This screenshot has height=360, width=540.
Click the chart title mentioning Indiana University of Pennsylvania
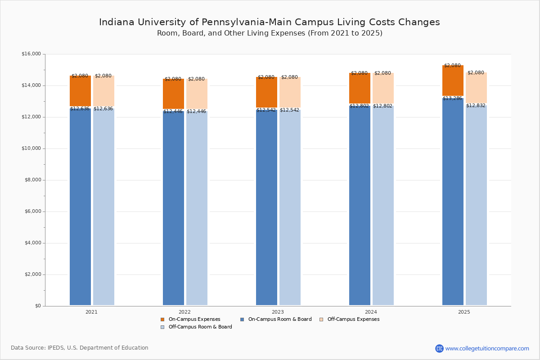click(x=269, y=22)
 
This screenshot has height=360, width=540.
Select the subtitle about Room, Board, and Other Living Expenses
click(x=269, y=33)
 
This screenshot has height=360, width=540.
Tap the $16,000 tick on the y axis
click(x=31, y=54)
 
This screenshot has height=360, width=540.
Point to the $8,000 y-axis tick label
click(x=32, y=180)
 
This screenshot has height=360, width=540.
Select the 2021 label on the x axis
click(x=91, y=312)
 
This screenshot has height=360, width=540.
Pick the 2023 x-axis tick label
click(x=278, y=312)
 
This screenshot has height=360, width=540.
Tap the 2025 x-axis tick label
click(x=464, y=312)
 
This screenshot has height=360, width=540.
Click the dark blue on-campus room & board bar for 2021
click(x=80, y=207)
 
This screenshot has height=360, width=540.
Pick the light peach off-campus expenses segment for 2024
click(x=383, y=89)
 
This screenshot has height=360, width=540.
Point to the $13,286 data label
click(x=452, y=99)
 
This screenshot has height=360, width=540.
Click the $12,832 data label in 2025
click(x=476, y=106)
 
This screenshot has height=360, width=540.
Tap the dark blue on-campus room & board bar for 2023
click(x=266, y=207)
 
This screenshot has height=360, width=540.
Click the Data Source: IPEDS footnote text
click(x=80, y=348)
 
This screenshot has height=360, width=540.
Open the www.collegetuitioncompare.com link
click(x=487, y=348)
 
